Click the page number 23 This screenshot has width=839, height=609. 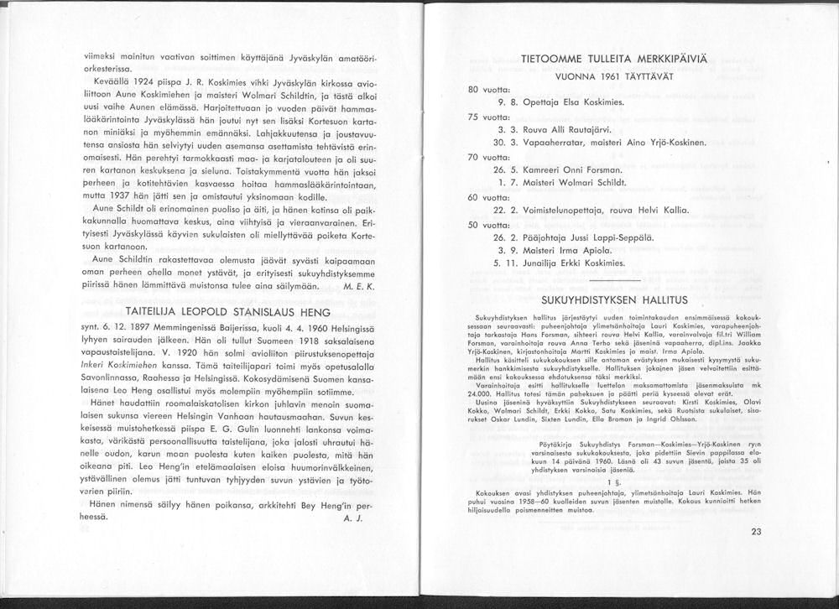click(x=756, y=531)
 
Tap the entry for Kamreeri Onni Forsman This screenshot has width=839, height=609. click(x=558, y=169)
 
